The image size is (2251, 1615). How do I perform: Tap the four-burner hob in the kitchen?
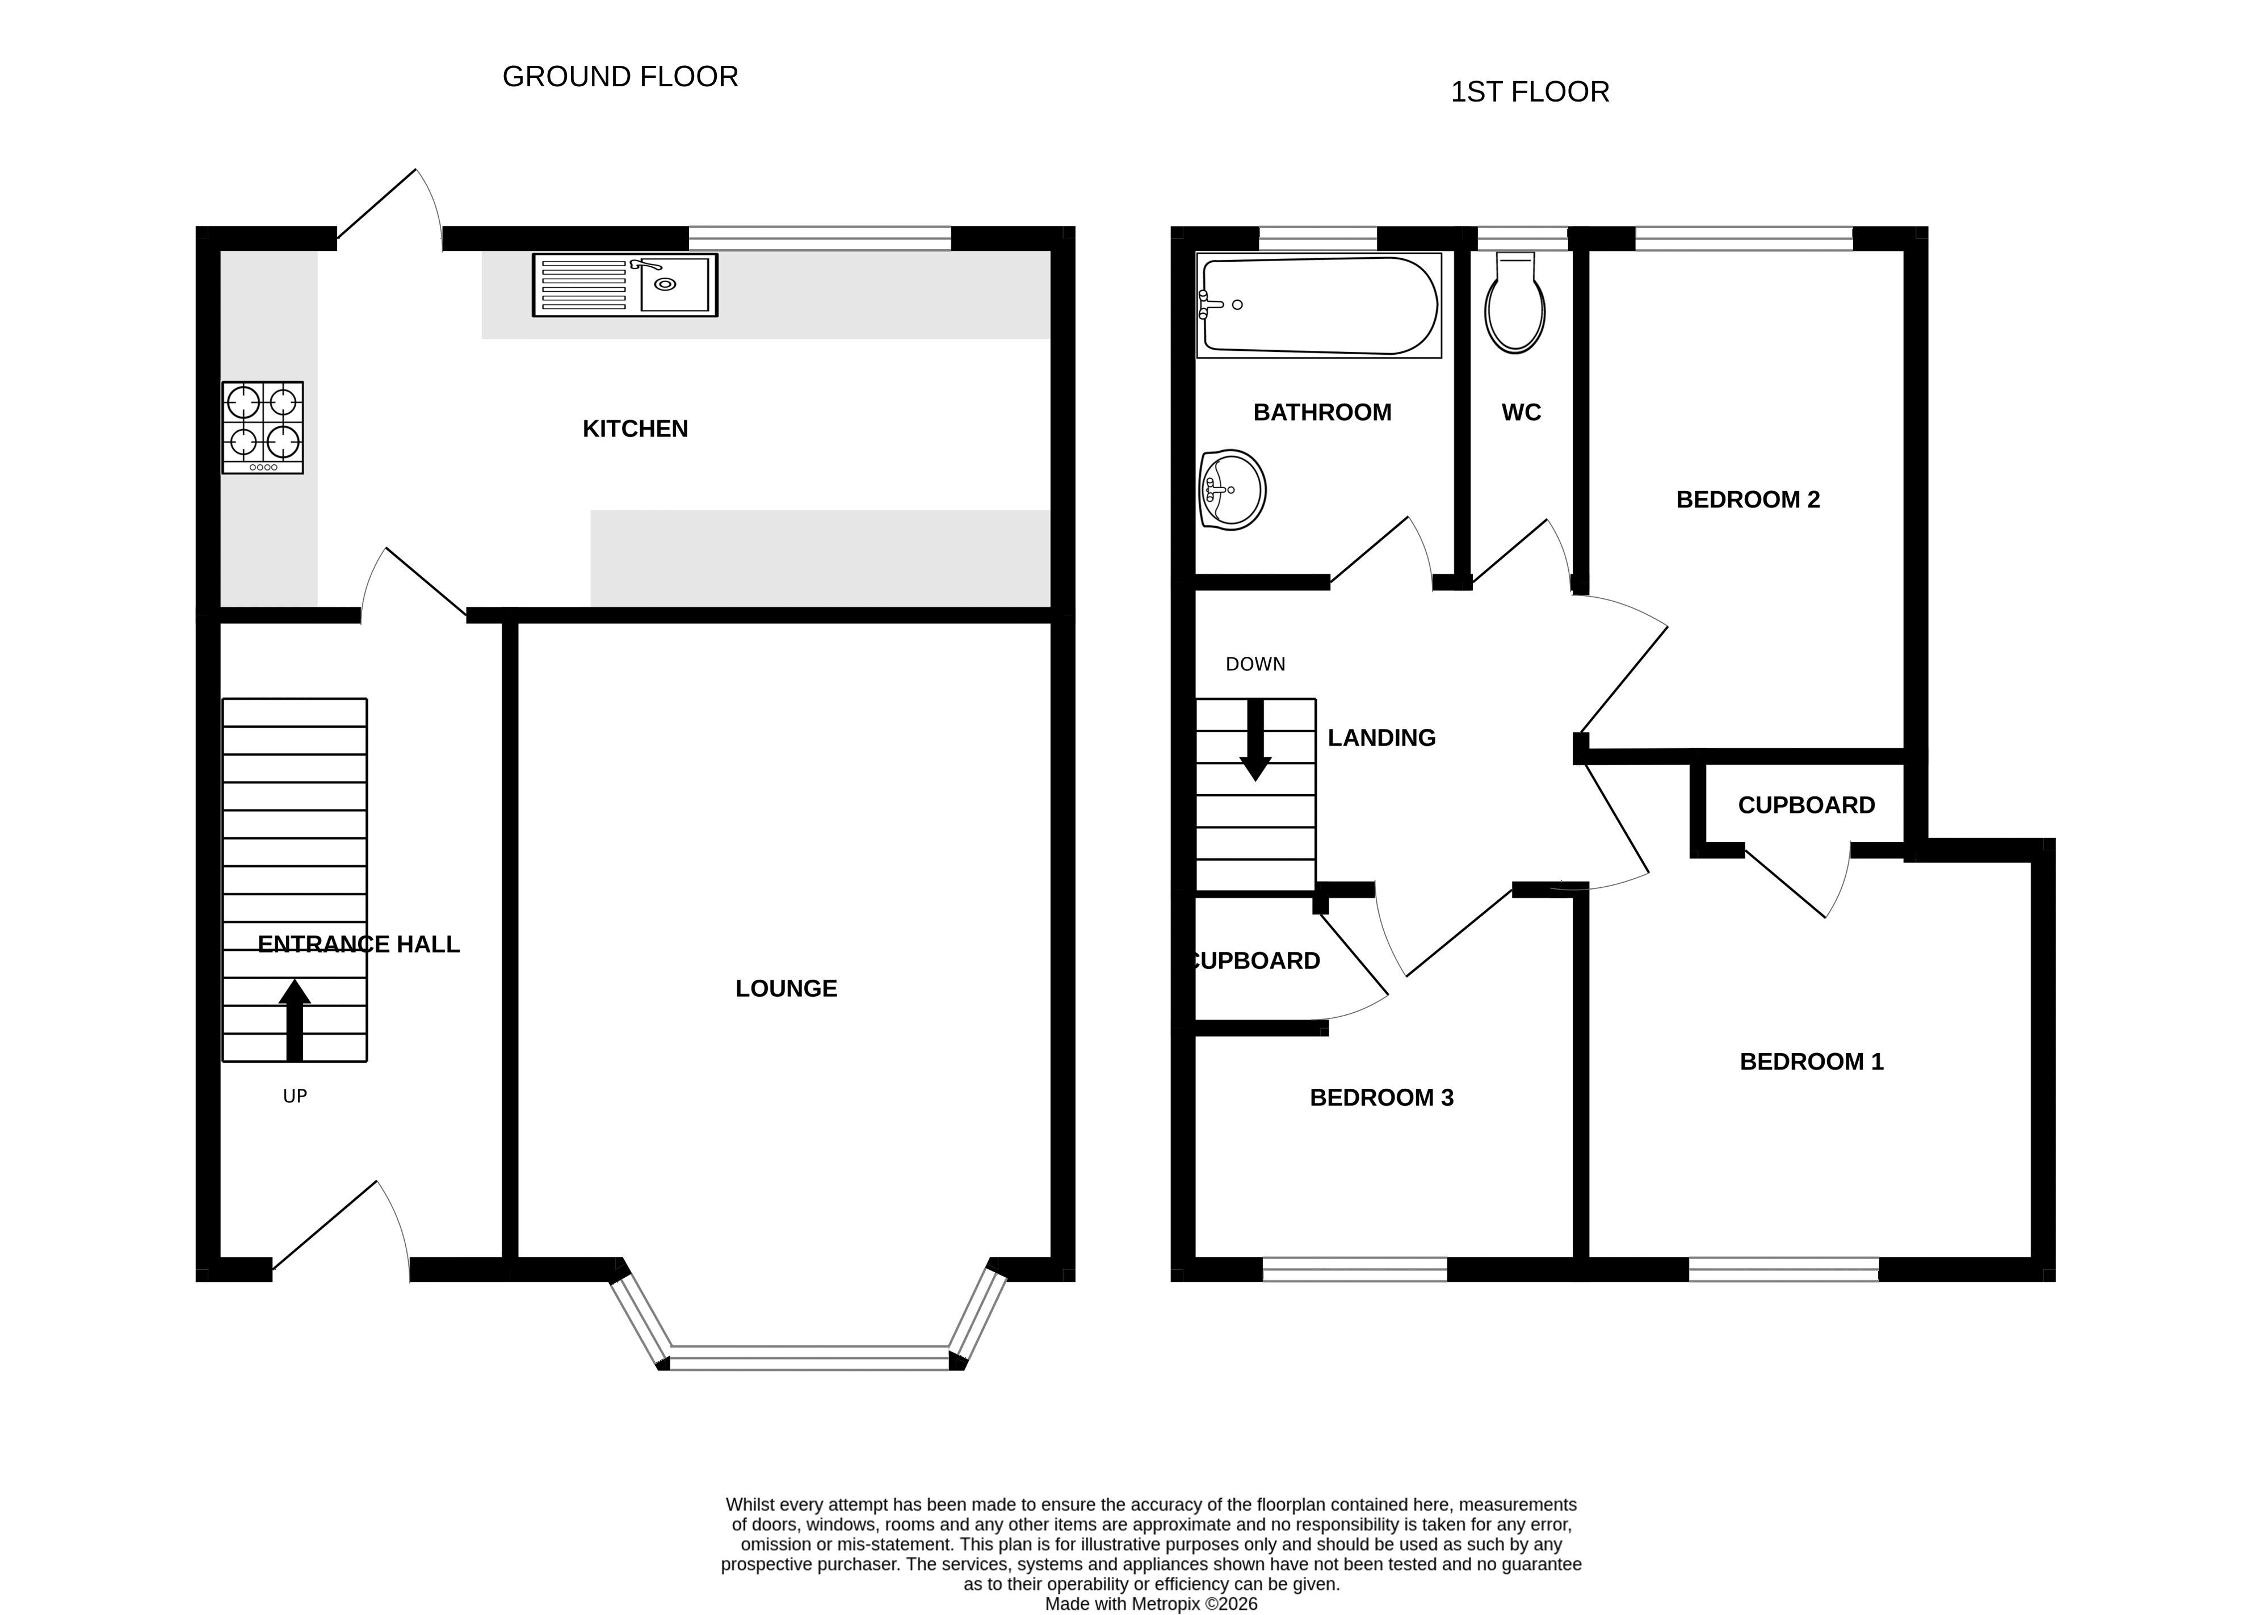click(263, 428)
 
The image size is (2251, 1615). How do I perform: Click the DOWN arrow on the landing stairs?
click(1255, 740)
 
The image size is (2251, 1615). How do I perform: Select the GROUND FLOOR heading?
click(620, 77)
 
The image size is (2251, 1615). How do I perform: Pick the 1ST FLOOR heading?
click(1530, 91)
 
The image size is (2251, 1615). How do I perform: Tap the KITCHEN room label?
click(635, 428)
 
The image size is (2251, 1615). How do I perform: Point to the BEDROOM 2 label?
click(1748, 500)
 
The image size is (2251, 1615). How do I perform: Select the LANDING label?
click(1381, 737)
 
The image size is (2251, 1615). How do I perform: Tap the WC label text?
click(1522, 412)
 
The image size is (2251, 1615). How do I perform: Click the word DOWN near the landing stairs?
click(1255, 664)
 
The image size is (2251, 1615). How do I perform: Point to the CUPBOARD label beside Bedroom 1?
click(1807, 805)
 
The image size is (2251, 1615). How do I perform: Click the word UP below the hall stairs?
click(295, 1096)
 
